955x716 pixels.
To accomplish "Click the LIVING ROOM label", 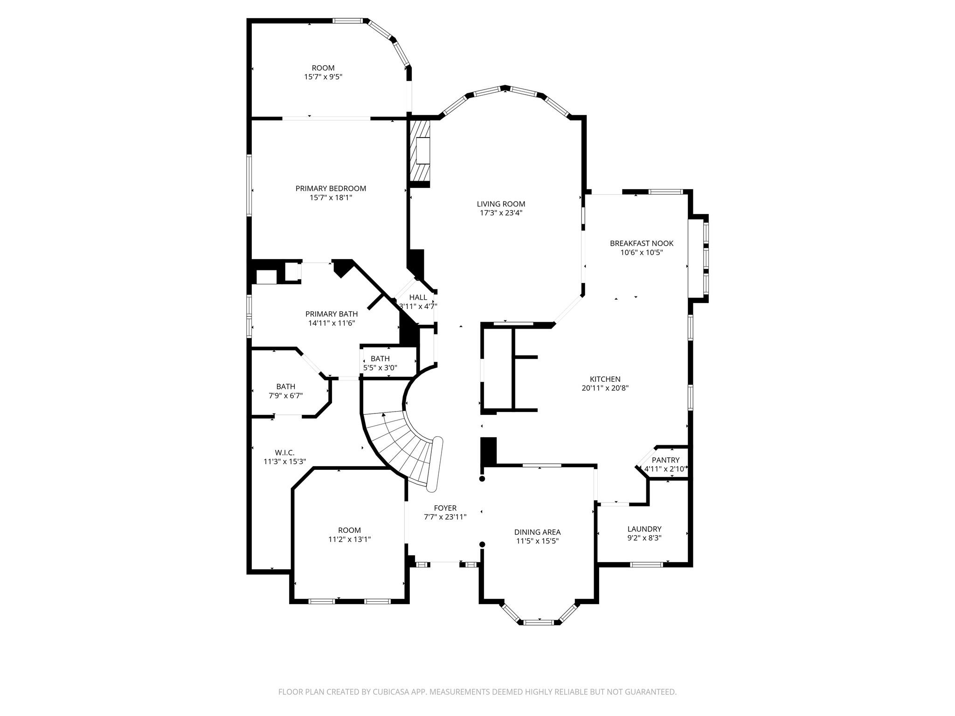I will tap(501, 204).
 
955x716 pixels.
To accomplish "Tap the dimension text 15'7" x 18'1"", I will tap(331, 198).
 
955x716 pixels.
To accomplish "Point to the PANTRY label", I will tap(665, 460).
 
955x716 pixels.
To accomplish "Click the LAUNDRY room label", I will tap(644, 529).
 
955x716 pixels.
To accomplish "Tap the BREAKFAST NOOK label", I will tap(642, 243).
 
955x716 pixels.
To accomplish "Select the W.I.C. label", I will tap(284, 453).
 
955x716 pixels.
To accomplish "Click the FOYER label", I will tap(445, 508).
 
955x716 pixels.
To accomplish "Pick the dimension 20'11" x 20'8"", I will tap(605, 388).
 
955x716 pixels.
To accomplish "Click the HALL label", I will tap(418, 297).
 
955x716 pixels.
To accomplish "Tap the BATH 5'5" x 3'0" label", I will tap(380, 359).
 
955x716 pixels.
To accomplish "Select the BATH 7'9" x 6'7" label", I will tap(285, 386).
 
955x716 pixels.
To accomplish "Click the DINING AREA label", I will tap(537, 532).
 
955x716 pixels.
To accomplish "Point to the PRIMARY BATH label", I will tap(332, 314).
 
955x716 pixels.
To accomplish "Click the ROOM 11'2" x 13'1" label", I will tap(349, 530).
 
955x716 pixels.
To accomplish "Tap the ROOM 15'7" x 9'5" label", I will tap(323, 68).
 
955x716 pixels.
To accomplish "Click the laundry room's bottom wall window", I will tap(646, 565).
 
